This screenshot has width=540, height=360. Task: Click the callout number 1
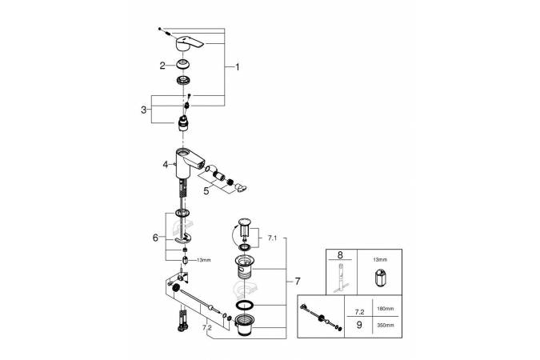[x=237, y=68]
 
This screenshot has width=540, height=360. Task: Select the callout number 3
[x=145, y=110]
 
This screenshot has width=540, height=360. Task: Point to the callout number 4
[x=166, y=165]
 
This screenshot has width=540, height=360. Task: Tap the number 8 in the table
[x=342, y=257]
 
